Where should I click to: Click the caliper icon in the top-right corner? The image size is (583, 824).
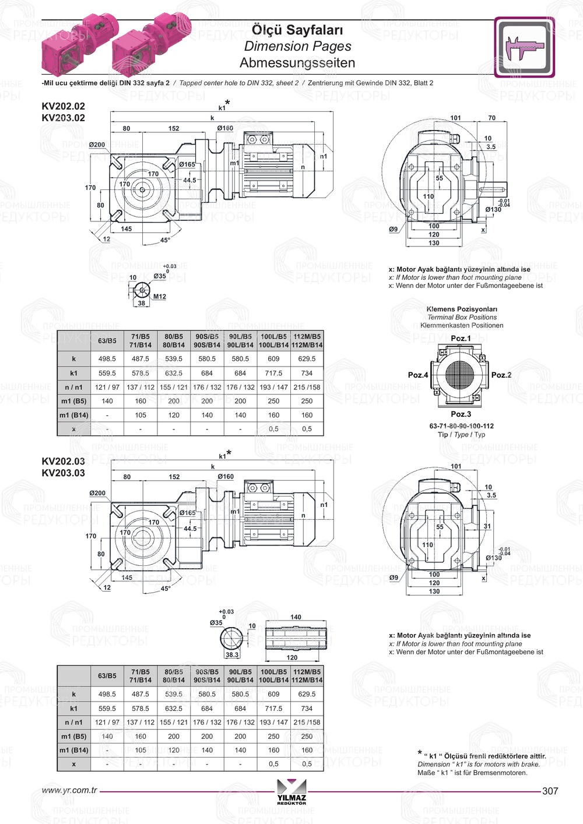coord(524,47)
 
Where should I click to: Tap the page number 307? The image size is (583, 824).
coord(550,791)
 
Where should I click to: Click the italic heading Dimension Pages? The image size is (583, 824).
coord(297,46)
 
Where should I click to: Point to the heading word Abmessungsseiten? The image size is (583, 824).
coord(297,62)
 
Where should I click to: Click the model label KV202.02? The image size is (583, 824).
coord(63,106)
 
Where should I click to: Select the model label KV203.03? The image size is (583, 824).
coord(63,473)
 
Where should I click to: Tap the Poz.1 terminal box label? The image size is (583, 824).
coord(461,338)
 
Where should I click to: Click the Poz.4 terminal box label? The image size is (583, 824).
coord(417,375)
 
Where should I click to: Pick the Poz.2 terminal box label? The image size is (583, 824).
coord(501,375)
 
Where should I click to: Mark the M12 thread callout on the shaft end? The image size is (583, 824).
coord(159,297)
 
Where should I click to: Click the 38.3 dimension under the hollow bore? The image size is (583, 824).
coord(232,654)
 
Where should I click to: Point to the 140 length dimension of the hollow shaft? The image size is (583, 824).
coord(296,617)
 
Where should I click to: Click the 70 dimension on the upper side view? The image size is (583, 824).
coord(491,118)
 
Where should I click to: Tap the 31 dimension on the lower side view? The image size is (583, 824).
coord(487,526)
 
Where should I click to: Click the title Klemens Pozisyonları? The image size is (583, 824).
coord(462,309)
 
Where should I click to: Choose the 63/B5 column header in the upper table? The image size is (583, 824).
coord(107,340)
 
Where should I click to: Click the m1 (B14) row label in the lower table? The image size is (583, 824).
coord(74,750)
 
